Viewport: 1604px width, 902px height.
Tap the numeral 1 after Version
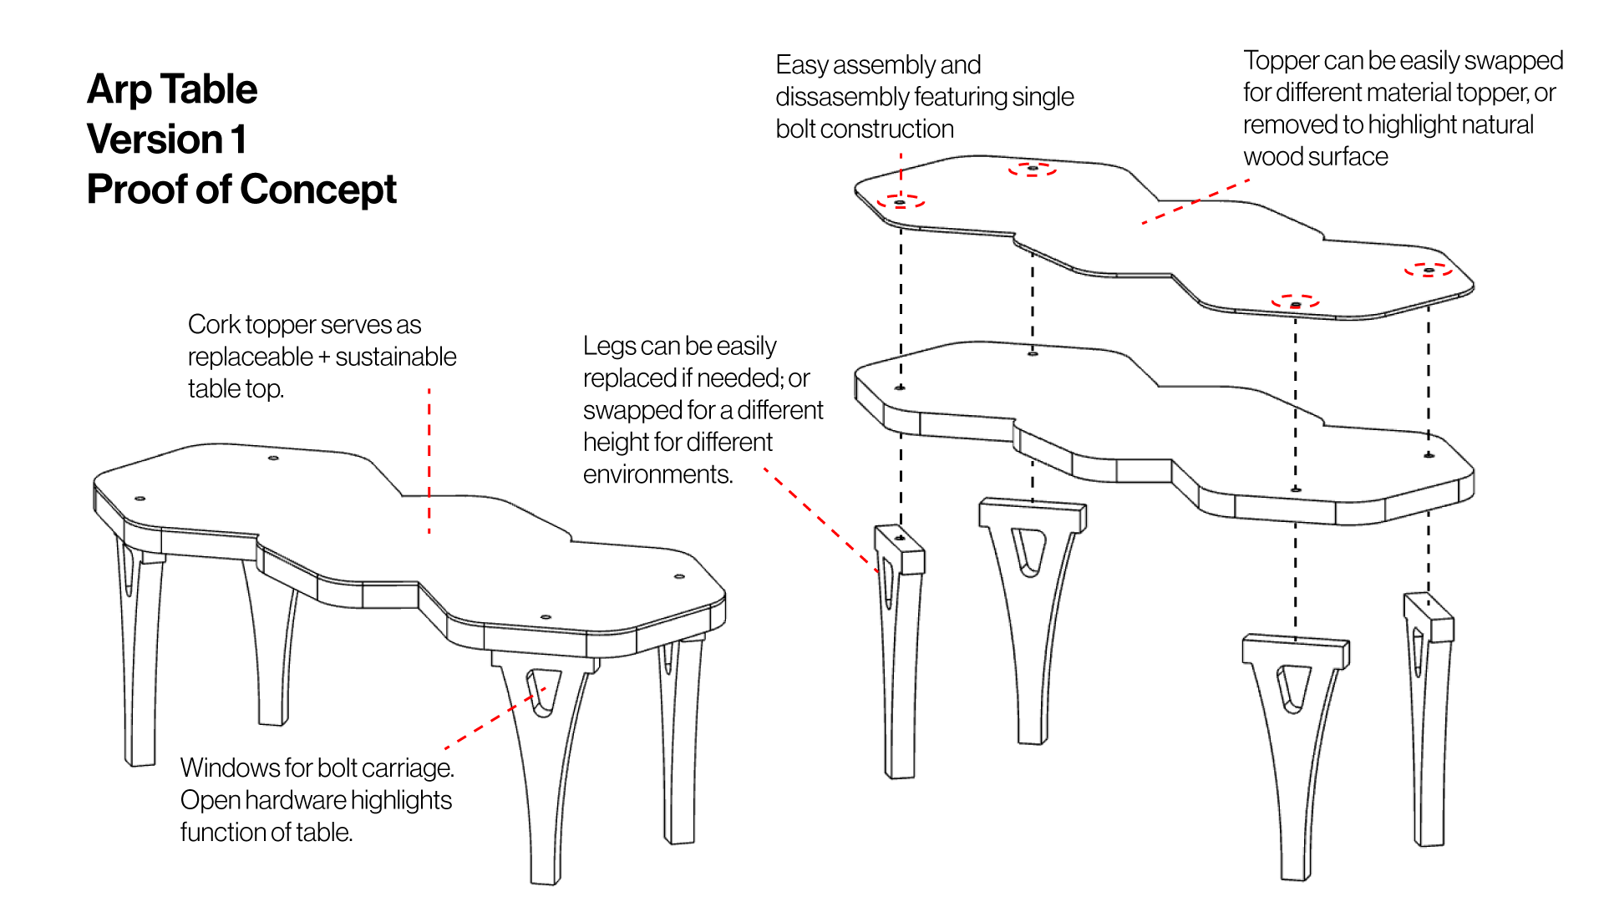click(x=239, y=139)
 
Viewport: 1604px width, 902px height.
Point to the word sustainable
click(x=396, y=357)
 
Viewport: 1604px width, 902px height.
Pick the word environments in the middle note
click(x=657, y=474)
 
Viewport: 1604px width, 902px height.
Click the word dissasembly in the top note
click(x=840, y=97)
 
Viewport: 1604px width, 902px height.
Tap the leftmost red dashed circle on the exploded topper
click(x=900, y=202)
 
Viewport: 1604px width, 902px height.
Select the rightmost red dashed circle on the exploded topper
click(x=1428, y=270)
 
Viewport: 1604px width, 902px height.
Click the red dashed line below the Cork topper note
click(x=429, y=459)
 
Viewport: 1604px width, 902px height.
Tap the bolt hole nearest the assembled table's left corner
click(x=140, y=499)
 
